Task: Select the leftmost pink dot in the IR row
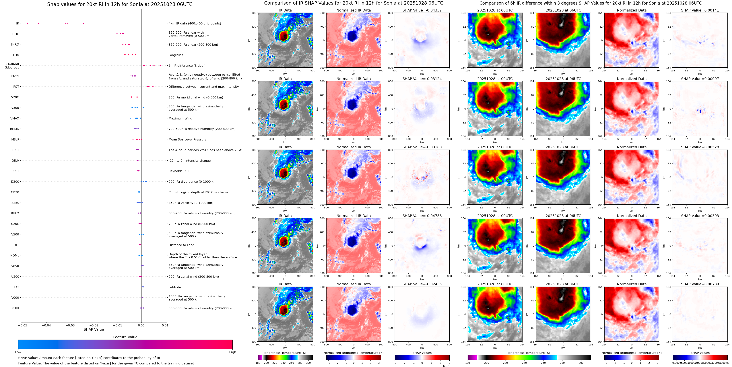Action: [28, 23]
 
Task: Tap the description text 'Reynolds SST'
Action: [178, 171]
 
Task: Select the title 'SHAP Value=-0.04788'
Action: [422, 216]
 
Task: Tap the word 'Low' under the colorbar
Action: [18, 352]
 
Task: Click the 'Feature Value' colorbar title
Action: [125, 337]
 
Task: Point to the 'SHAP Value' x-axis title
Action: [94, 329]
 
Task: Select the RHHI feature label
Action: [15, 308]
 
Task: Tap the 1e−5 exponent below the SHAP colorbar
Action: [446, 366]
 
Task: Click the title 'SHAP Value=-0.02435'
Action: [422, 284]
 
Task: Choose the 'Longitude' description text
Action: [176, 55]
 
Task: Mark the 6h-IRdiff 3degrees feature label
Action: [13, 66]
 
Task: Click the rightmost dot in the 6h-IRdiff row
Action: [160, 65]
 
